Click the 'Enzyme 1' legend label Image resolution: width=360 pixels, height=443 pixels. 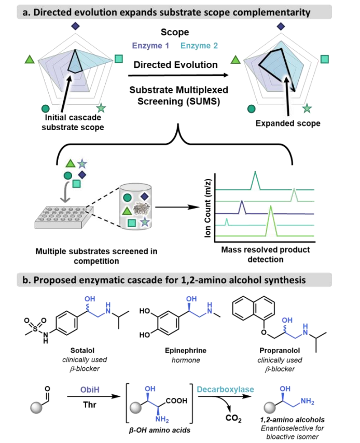pos(150,46)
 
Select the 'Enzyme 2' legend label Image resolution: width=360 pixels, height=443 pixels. pos(200,46)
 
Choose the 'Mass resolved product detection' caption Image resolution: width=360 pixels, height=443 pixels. pos(270,254)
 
